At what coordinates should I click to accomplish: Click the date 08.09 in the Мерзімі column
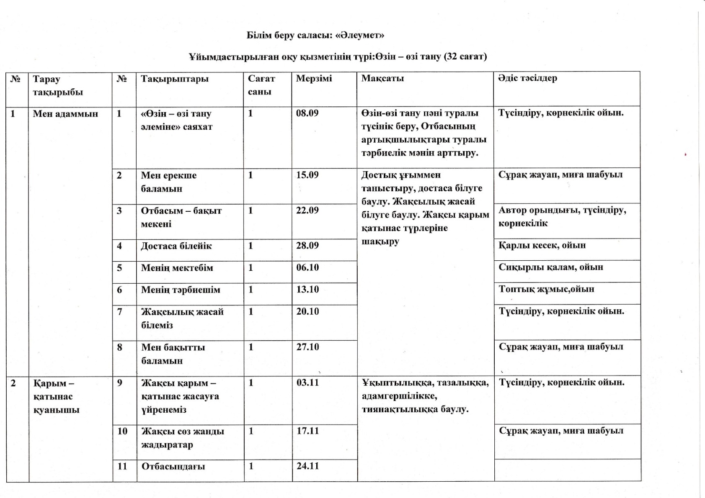click(307, 113)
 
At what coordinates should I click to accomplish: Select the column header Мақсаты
click(382, 78)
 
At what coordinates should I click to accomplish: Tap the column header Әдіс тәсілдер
click(527, 78)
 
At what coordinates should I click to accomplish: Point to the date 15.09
click(307, 175)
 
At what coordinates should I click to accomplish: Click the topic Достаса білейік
click(176, 246)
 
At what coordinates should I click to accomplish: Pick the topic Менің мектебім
click(177, 268)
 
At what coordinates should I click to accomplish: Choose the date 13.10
click(307, 290)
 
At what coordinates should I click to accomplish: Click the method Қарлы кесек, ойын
click(542, 245)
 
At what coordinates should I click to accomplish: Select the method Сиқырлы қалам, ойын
click(550, 267)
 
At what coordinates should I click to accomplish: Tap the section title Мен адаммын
click(65, 113)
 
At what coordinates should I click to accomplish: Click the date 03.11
click(307, 382)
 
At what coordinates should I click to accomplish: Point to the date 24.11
click(308, 466)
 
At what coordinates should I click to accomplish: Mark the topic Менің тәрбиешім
click(180, 290)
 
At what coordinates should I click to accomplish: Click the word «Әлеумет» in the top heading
click(360, 35)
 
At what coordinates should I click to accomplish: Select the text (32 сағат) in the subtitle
click(465, 56)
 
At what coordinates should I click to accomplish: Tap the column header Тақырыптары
click(174, 79)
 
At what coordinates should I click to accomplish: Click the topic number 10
click(122, 431)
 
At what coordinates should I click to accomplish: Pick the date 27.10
click(307, 347)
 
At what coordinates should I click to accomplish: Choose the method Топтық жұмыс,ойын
click(546, 289)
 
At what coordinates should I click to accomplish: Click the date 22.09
click(307, 210)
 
